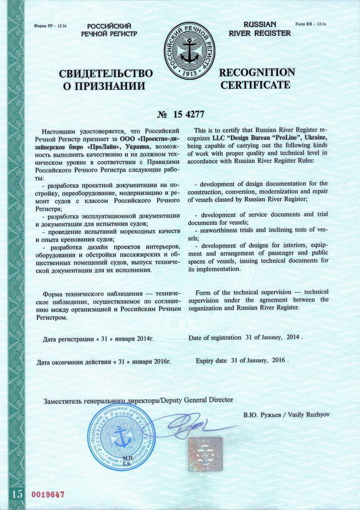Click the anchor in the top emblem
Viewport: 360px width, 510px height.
pyautogui.click(x=190, y=51)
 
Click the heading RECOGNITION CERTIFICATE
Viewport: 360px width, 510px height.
pyautogui.click(x=257, y=79)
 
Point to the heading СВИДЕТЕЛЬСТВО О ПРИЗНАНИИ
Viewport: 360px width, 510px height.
pyautogui.click(x=105, y=80)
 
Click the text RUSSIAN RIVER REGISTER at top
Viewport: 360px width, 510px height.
pyautogui.click(x=260, y=29)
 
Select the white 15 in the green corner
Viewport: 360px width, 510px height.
pyautogui.click(x=17, y=494)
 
